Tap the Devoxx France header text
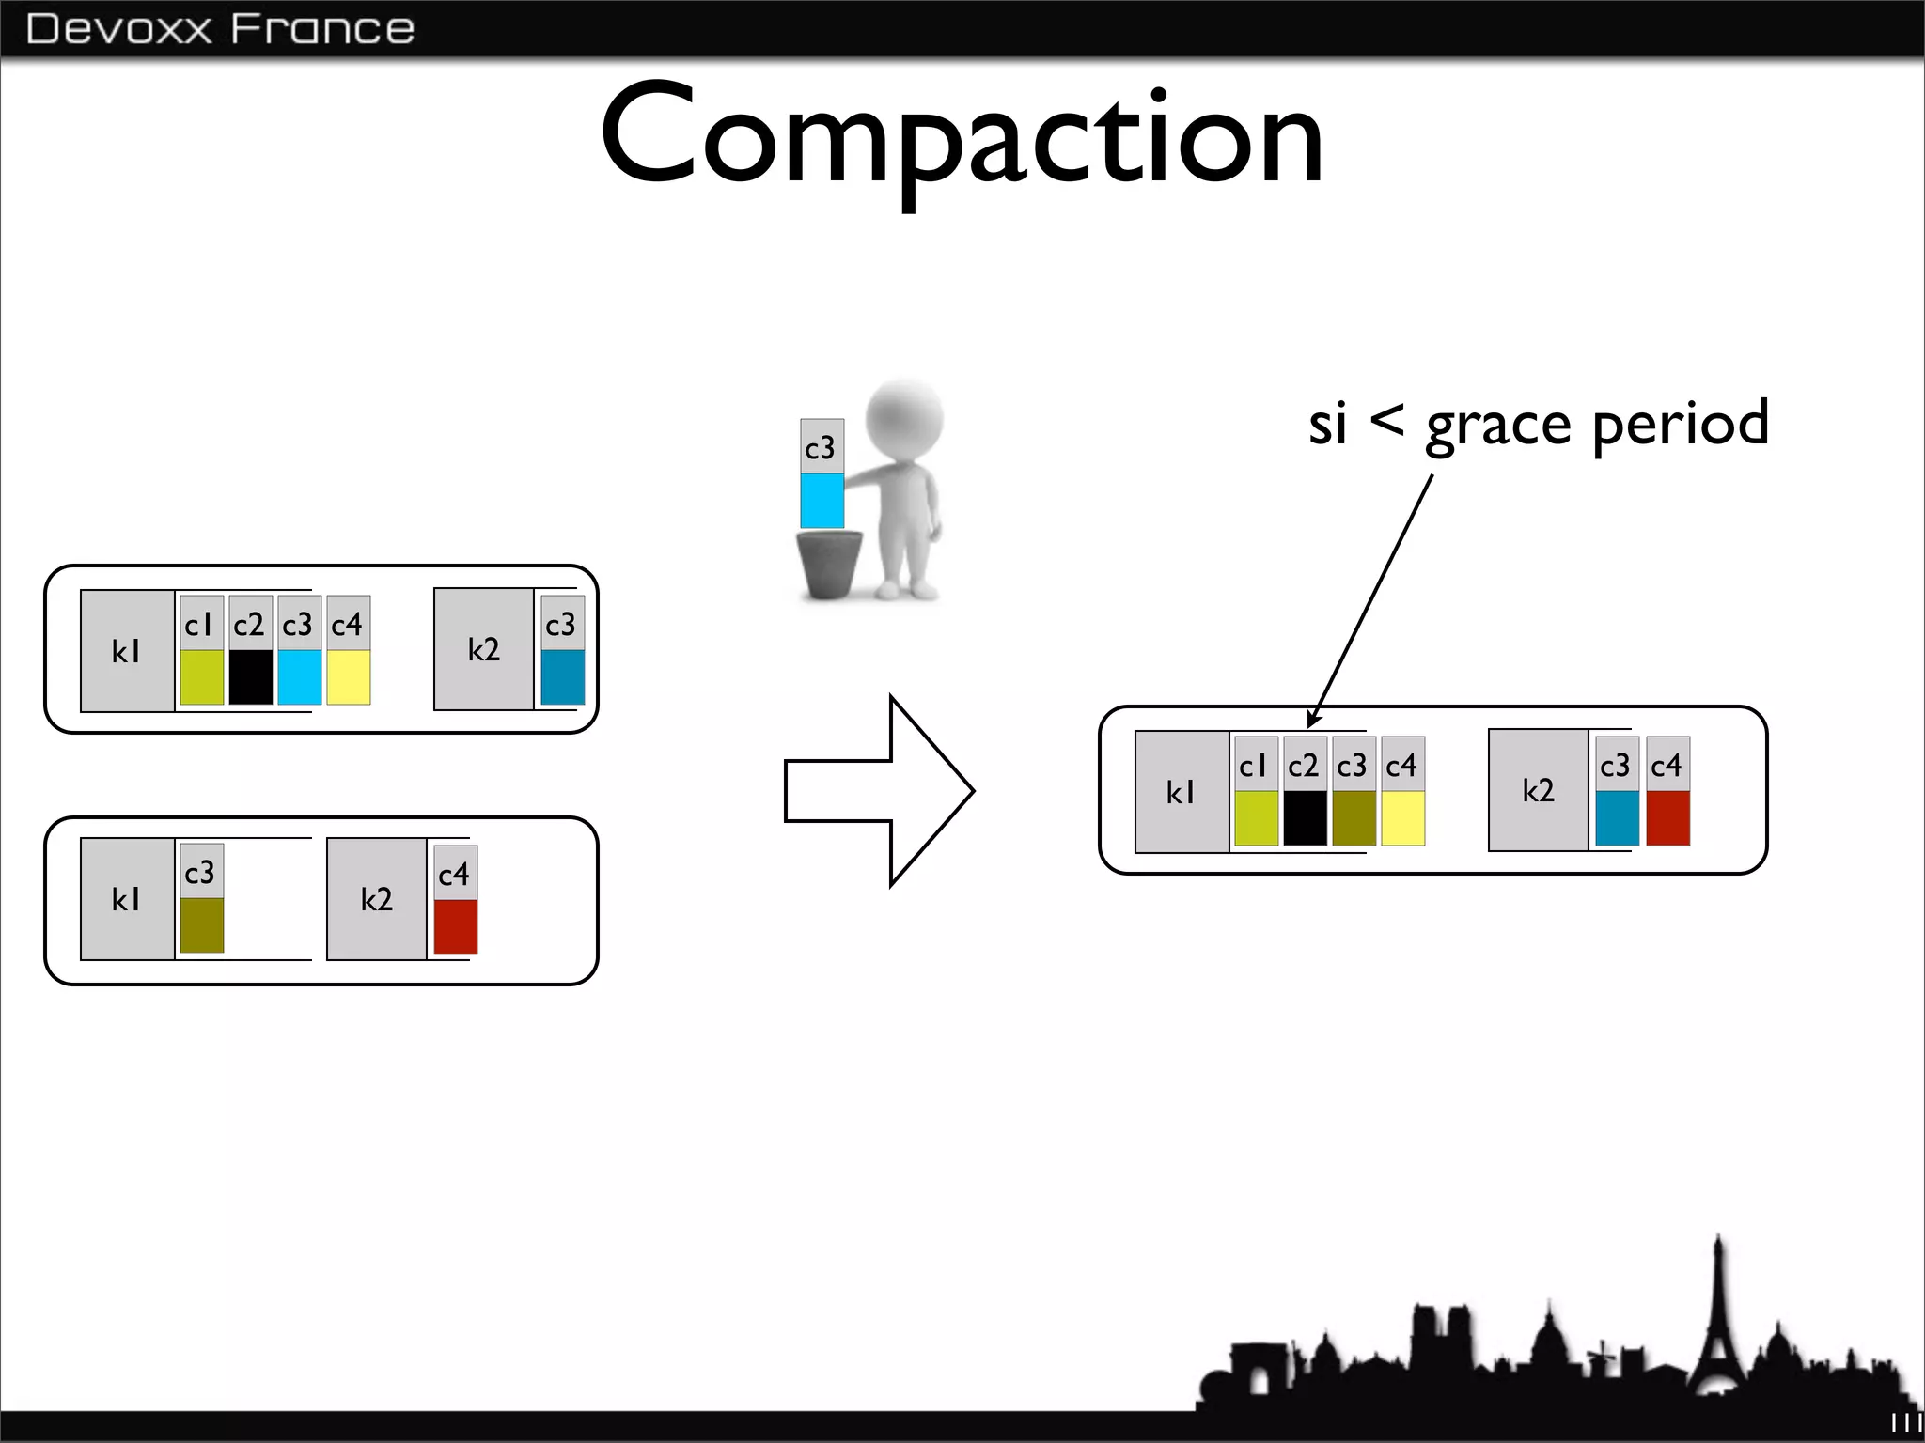coord(220,29)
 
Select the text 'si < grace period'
coord(1538,424)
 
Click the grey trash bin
coord(829,563)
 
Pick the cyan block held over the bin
coord(822,500)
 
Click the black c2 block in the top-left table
coord(250,676)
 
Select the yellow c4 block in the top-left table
coord(348,676)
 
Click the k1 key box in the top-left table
coord(127,651)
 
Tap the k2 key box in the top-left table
coord(483,649)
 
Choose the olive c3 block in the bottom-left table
coord(201,924)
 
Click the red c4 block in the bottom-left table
coord(455,926)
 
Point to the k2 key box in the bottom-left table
coord(376,899)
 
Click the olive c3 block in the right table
coord(1354,817)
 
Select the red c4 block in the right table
coord(1667,817)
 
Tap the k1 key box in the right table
coord(1182,792)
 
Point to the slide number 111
coord(1905,1423)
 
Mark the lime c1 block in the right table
coord(1256,817)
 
